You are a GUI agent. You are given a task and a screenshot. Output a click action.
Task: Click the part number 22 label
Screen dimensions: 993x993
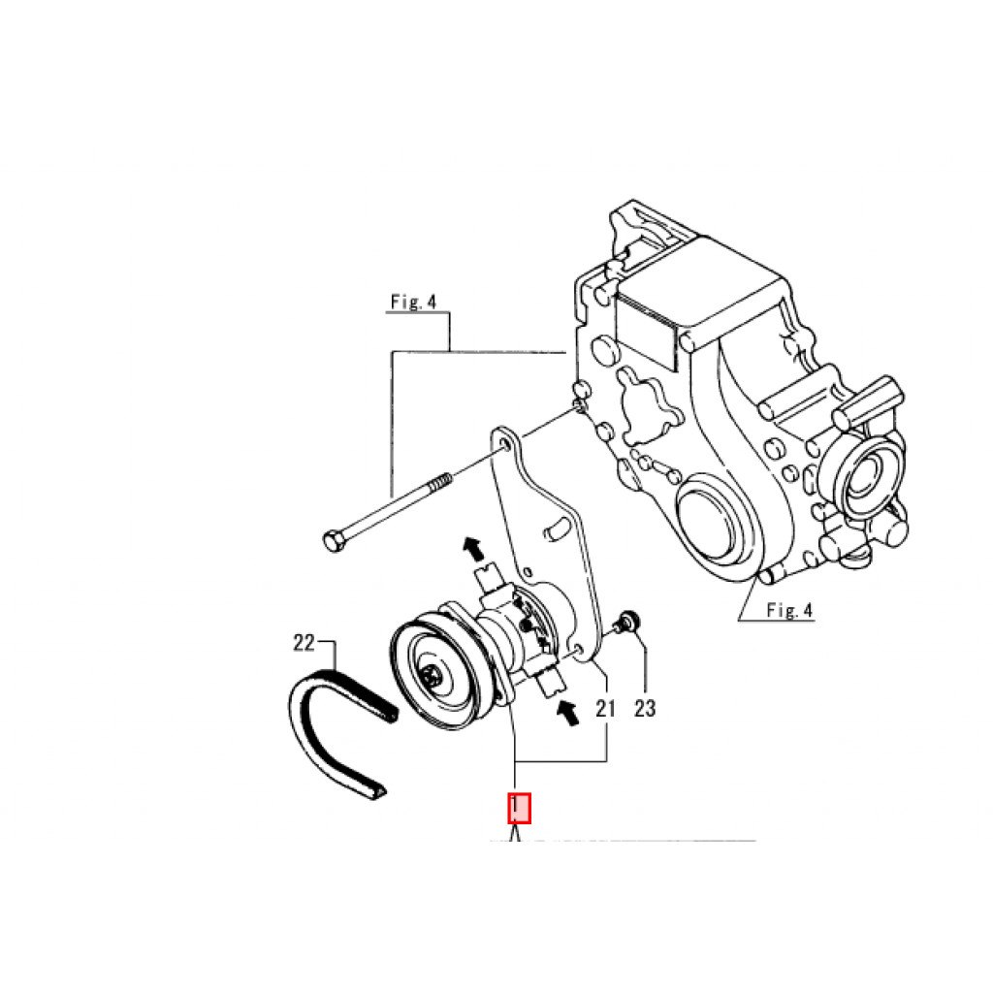(304, 643)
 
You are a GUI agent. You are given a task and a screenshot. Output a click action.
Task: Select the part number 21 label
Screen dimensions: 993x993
(605, 708)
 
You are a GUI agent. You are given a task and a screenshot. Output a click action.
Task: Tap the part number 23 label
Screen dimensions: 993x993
(645, 708)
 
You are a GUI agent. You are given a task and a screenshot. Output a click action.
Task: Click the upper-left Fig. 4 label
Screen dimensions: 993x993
(413, 303)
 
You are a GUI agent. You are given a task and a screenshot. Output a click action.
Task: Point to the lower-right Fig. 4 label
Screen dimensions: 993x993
(789, 610)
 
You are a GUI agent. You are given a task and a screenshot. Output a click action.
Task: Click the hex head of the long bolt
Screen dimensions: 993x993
(334, 541)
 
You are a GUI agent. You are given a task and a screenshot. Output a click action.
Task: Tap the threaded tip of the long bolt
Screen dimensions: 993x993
(441, 483)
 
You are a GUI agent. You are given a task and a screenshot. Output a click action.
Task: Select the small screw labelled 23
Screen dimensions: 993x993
(627, 622)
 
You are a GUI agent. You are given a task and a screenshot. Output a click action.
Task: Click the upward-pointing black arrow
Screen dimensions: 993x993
(472, 548)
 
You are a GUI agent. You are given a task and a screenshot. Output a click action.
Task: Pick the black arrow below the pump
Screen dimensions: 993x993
(568, 713)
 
